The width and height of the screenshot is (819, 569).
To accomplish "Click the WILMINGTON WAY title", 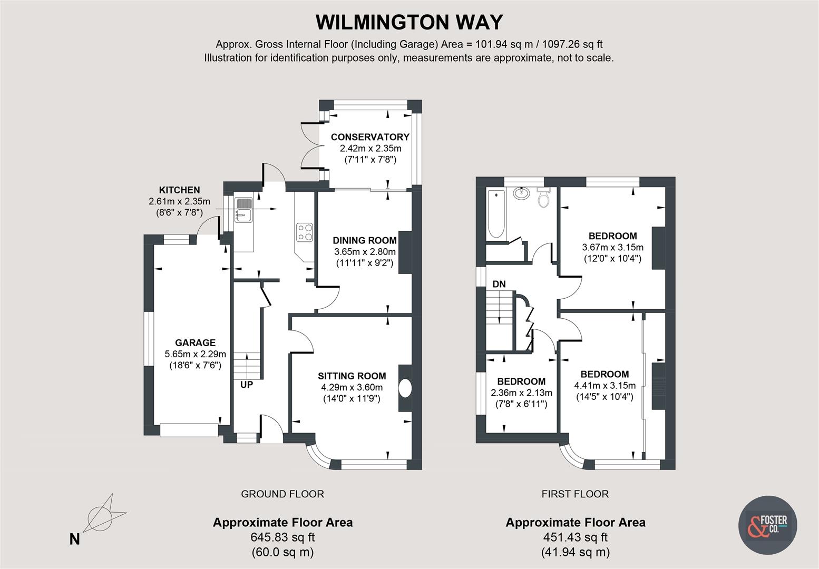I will (x=409, y=23).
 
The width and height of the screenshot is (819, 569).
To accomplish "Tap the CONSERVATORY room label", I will (x=370, y=137).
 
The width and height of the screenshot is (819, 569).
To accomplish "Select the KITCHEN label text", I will (x=179, y=190).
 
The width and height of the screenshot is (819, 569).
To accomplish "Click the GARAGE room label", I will (x=195, y=342).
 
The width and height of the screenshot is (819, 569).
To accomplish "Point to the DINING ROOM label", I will (x=365, y=240).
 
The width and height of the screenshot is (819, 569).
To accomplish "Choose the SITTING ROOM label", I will (x=352, y=376).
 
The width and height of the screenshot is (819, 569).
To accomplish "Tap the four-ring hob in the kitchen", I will (x=305, y=232).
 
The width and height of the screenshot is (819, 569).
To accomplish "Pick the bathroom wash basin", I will (x=520, y=193).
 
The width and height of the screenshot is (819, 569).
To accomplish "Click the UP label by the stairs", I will (x=247, y=385).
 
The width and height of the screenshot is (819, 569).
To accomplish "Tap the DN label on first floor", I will (x=499, y=284).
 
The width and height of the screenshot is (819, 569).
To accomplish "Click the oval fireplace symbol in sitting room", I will (x=406, y=388).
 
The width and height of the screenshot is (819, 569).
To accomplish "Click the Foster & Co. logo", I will (x=768, y=524).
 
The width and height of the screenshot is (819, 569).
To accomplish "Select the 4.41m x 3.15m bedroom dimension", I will (x=604, y=386).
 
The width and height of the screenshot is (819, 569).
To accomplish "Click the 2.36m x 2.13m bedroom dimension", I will (x=521, y=393).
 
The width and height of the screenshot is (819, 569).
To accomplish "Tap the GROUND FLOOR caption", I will (x=282, y=494).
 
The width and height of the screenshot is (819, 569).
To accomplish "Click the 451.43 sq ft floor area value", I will (x=575, y=537).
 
